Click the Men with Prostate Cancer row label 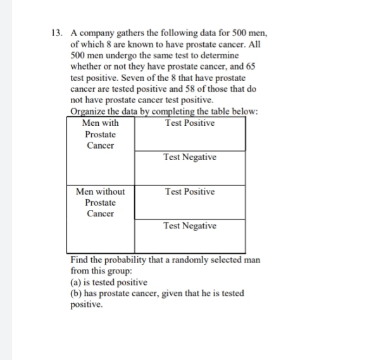(100, 134)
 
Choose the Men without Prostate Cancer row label (100, 202)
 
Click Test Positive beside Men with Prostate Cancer (189, 123)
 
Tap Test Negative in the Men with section (189, 157)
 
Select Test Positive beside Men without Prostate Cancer (189, 191)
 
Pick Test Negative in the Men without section (189, 225)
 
